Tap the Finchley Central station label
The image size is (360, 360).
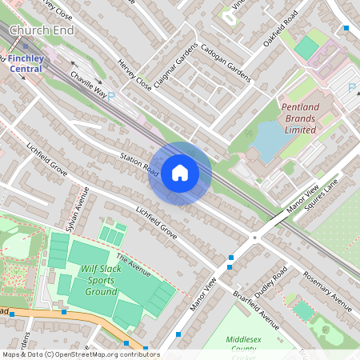[x=26, y=64]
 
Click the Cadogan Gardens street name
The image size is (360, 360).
[x=226, y=62]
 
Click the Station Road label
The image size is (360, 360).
[x=140, y=164]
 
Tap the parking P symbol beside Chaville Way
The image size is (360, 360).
[x=111, y=95]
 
